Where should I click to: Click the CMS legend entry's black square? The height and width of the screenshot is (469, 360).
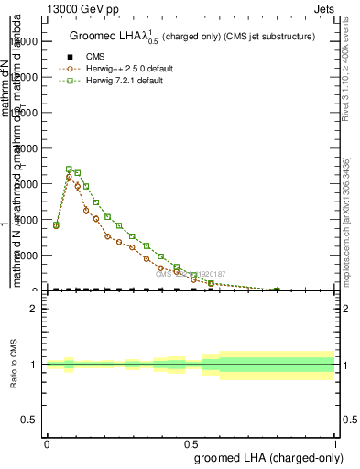tap(64, 57)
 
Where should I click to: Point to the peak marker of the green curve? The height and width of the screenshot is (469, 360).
tap(69, 169)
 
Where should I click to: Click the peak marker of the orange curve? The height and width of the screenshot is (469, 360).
tap(69, 177)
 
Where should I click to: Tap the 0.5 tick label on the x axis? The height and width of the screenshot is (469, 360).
tap(191, 443)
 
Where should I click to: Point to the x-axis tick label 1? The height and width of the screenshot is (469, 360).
tap(335, 443)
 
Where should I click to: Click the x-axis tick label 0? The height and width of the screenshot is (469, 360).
tap(47, 443)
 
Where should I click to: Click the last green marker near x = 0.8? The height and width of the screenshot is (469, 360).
tap(278, 290)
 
